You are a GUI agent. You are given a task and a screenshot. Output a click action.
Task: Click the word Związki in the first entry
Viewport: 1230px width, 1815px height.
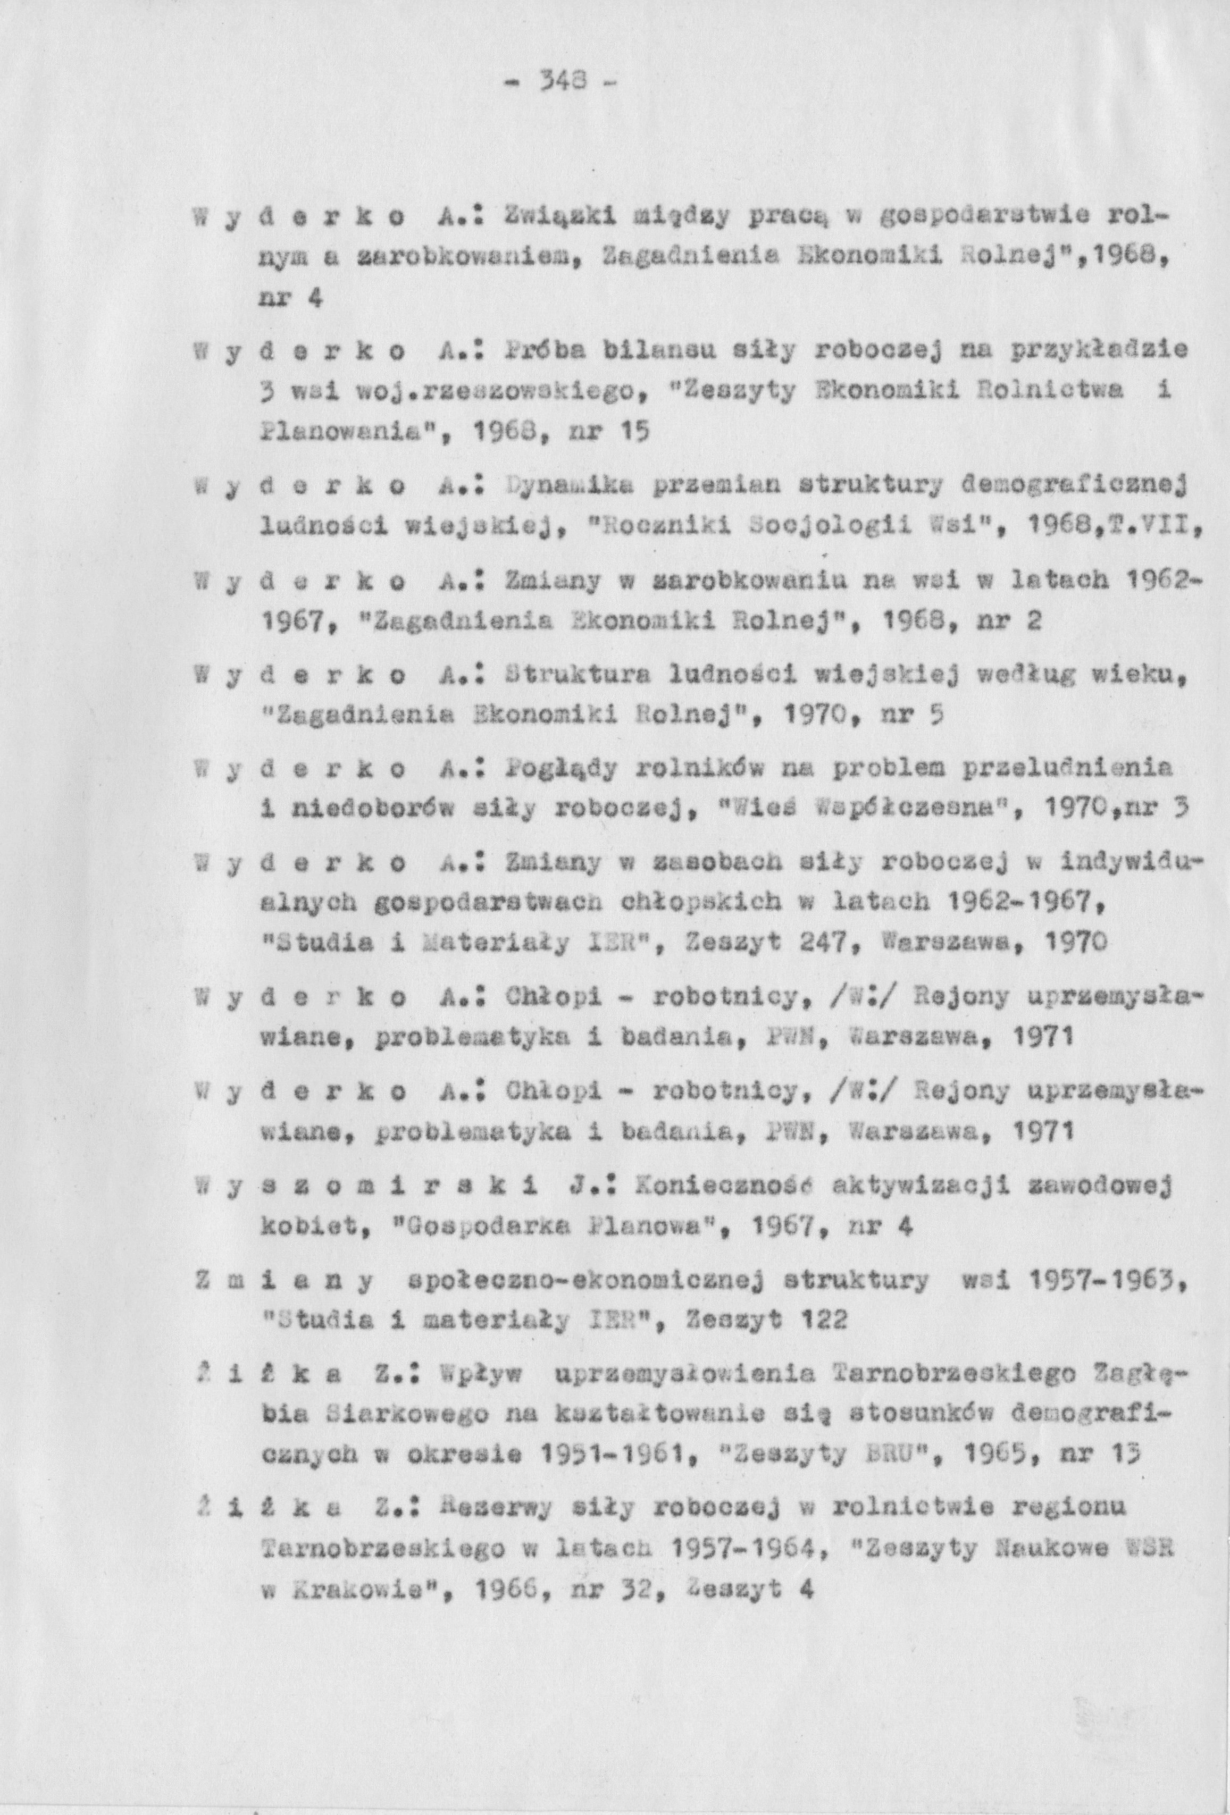(557, 215)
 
